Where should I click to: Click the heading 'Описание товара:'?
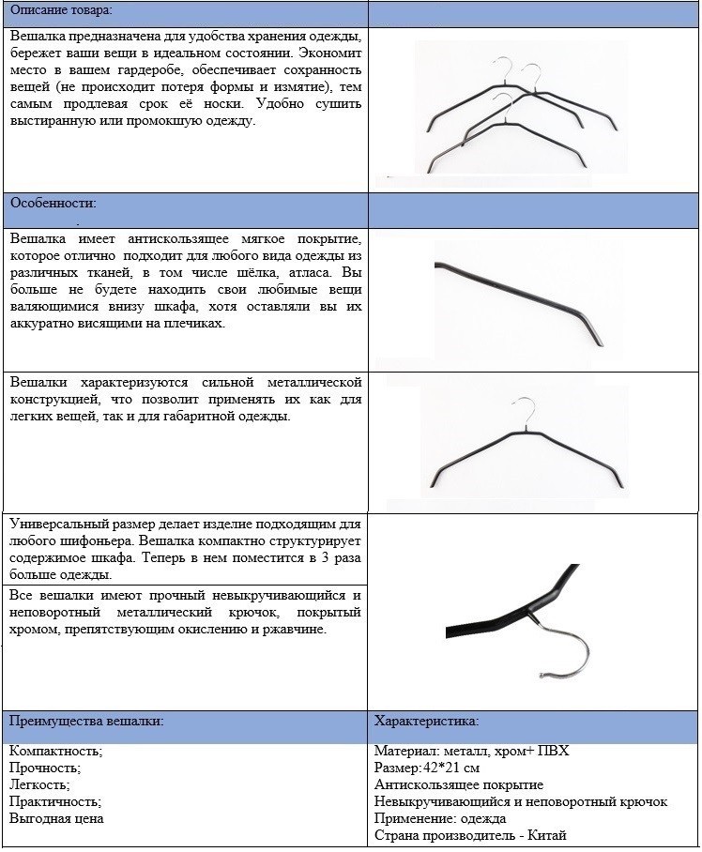[x=60, y=10]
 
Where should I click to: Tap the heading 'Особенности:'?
[x=53, y=203]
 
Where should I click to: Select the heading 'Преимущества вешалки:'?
[x=86, y=721]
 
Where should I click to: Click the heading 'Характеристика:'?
[x=426, y=721]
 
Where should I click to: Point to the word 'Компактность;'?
[x=55, y=752]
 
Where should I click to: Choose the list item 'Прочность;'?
[x=45, y=768]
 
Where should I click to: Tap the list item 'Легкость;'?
[x=39, y=785]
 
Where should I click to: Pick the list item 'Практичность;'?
[x=54, y=802]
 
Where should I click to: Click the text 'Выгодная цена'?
[x=56, y=819]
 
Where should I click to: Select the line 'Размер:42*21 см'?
[x=427, y=768]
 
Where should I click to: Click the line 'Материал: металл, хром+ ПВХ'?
[x=471, y=752]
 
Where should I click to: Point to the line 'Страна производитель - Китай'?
[x=469, y=835]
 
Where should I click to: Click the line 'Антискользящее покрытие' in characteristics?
[x=458, y=785]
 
